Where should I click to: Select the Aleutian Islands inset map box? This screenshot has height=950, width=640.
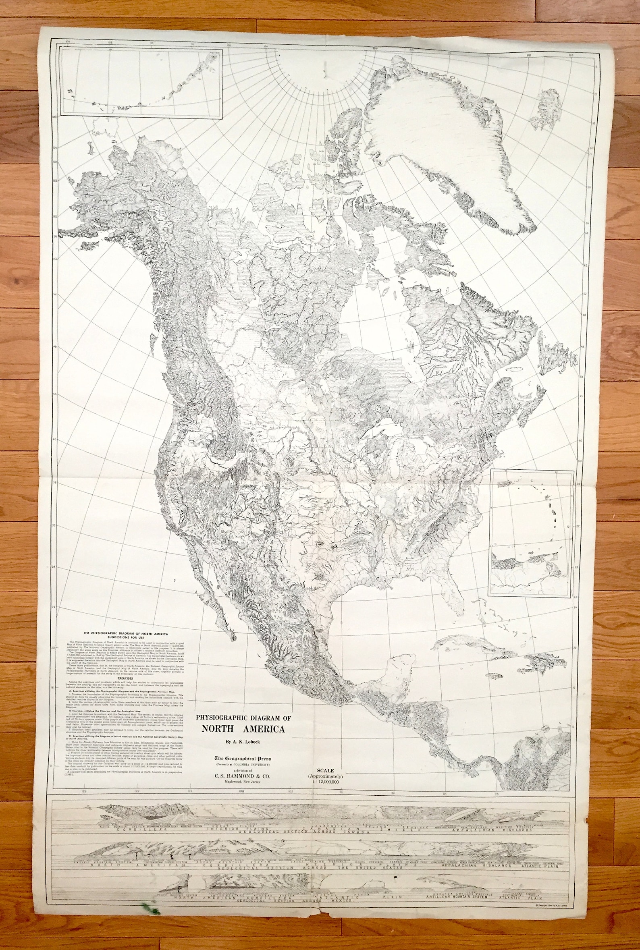click(x=141, y=83)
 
